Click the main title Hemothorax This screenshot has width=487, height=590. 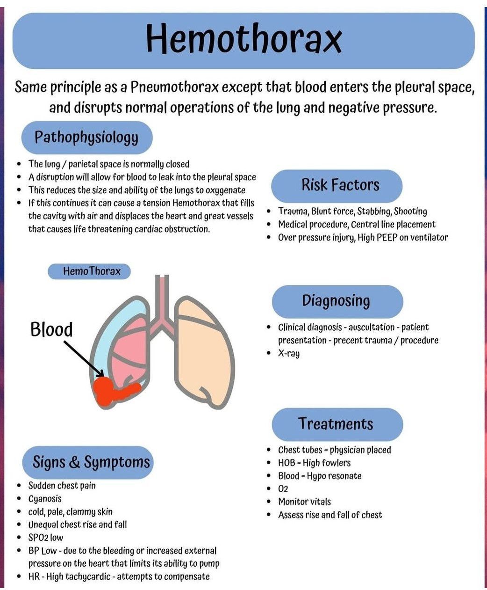(x=243, y=39)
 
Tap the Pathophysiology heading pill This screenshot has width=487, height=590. (x=86, y=137)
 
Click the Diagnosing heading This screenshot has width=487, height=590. (x=336, y=301)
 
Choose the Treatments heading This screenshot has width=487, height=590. (x=336, y=424)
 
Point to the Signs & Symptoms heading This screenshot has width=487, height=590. (x=91, y=462)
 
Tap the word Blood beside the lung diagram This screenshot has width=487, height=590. (x=51, y=329)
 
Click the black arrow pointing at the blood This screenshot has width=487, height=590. (x=83, y=358)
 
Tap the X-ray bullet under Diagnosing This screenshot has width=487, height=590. (x=289, y=353)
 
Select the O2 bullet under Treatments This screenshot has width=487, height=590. (x=283, y=489)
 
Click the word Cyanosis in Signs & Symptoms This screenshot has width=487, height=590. (x=45, y=499)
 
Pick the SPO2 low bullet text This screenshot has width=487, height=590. (x=46, y=538)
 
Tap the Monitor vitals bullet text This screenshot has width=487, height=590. (x=304, y=502)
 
